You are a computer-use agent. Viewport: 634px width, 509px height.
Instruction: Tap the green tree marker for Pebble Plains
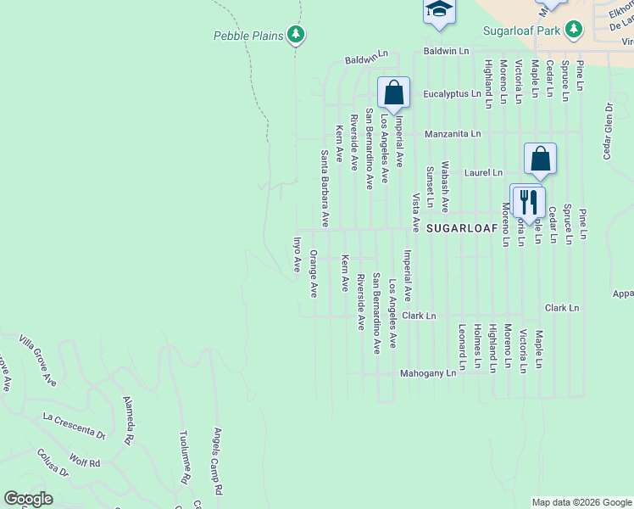click(x=295, y=35)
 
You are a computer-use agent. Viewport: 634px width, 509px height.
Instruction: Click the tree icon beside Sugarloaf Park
click(x=575, y=29)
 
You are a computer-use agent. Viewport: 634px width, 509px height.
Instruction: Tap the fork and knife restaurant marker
click(x=529, y=202)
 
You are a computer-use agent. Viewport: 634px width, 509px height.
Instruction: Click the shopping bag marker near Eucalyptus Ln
click(x=394, y=92)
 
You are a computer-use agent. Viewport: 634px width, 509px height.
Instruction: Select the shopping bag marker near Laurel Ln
click(x=540, y=158)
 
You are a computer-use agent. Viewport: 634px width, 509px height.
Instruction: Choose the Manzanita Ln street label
click(x=453, y=134)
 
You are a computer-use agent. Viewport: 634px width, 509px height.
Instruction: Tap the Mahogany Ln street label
click(x=428, y=372)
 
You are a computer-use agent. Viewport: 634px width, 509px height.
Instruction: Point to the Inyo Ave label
click(x=298, y=255)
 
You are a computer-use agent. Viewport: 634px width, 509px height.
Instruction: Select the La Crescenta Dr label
click(x=74, y=424)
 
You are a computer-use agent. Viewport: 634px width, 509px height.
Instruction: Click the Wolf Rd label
click(x=85, y=463)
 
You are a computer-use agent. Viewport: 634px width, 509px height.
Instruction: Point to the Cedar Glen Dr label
click(x=608, y=131)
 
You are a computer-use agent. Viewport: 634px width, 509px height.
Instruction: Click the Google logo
click(x=28, y=499)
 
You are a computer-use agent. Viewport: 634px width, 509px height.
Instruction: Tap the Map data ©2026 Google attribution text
click(x=581, y=502)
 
